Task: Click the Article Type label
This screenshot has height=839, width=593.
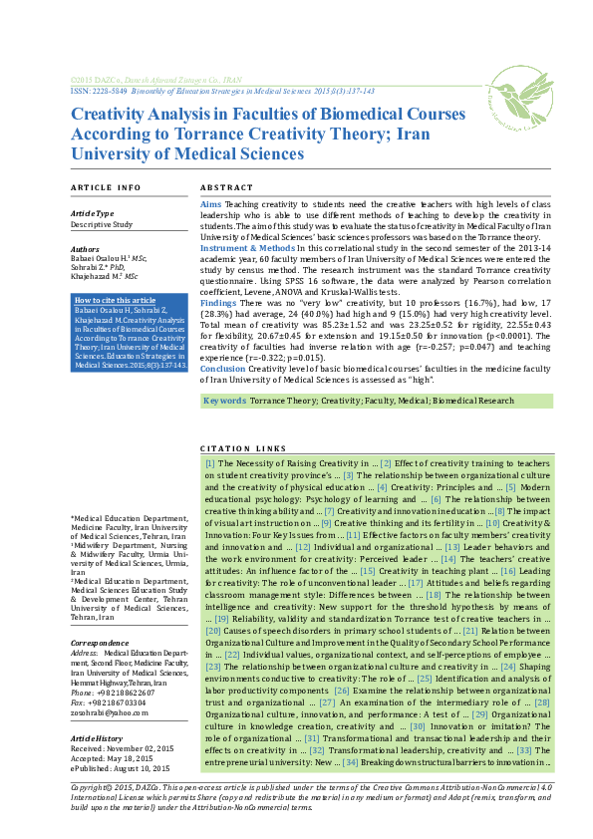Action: click(92, 213)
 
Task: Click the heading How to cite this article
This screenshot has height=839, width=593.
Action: click(116, 300)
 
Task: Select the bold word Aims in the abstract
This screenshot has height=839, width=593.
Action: click(210, 202)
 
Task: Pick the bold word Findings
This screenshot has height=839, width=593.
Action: click(218, 301)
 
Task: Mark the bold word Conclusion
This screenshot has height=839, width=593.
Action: click(223, 367)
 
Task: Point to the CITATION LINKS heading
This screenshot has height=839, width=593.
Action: click(243, 449)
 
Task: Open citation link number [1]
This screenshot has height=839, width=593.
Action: click(210, 463)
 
